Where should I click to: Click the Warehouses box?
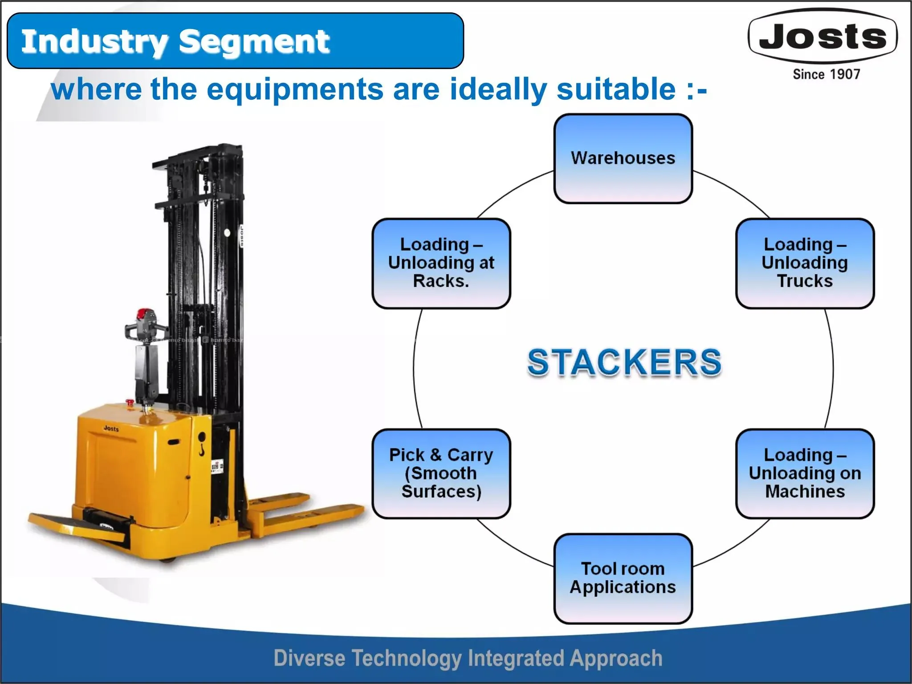click(623, 159)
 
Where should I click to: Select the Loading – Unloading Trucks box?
click(805, 263)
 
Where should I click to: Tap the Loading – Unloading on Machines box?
click(805, 473)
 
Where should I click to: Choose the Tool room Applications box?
click(623, 578)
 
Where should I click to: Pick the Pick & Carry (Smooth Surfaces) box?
click(441, 473)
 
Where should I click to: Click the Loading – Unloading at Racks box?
click(441, 263)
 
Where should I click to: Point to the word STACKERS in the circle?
click(624, 362)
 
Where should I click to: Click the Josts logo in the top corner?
click(823, 37)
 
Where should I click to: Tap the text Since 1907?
click(826, 74)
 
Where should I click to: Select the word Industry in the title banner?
click(95, 41)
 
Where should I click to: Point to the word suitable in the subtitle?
click(617, 89)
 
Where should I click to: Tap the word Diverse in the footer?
click(309, 658)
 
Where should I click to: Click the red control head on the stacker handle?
click(143, 314)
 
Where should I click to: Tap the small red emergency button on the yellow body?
click(130, 403)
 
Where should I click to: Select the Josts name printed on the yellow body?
click(111, 428)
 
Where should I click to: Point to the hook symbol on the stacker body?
click(202, 445)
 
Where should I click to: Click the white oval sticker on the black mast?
click(227, 233)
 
